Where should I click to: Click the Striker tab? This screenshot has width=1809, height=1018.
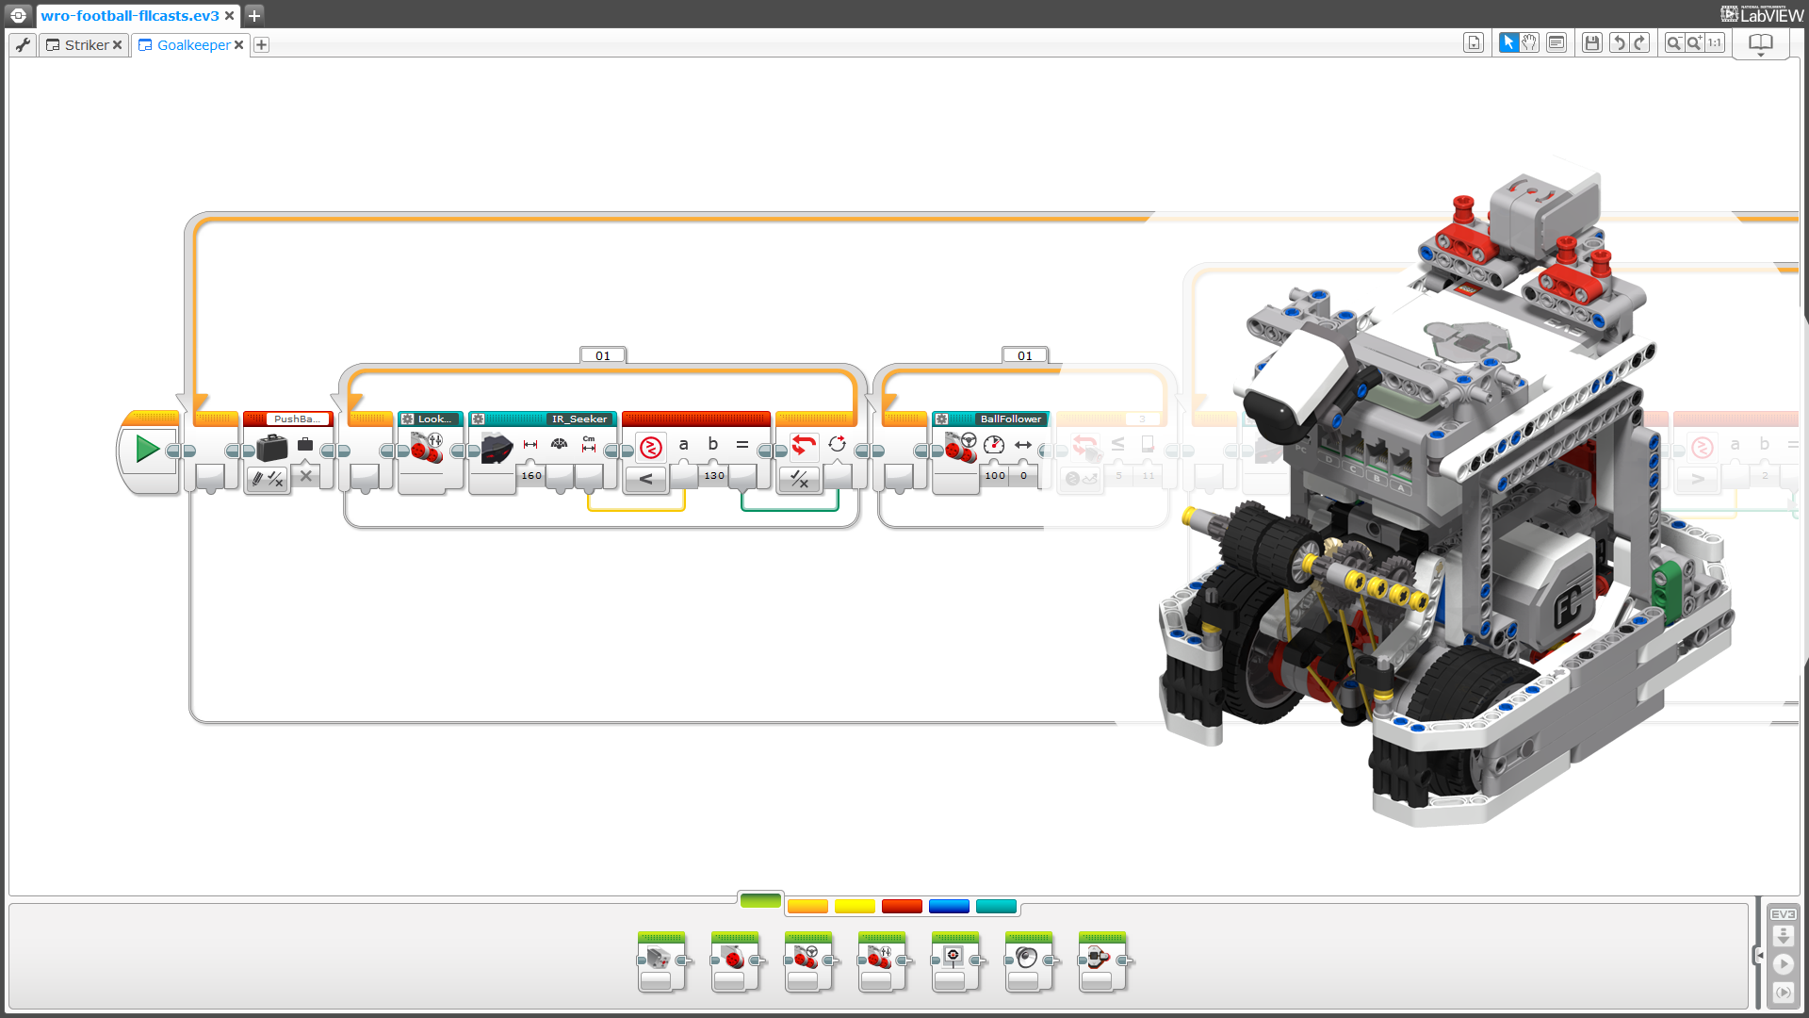pyautogui.click(x=86, y=45)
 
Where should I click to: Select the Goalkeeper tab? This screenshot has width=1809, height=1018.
pyautogui.click(x=193, y=45)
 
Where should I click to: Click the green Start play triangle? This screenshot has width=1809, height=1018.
pyautogui.click(x=147, y=449)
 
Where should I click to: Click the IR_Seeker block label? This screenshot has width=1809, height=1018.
pyautogui.click(x=579, y=419)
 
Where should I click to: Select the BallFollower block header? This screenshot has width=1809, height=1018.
pyautogui.click(x=1010, y=419)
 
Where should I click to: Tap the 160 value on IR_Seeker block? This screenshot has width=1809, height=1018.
pyautogui.click(x=531, y=476)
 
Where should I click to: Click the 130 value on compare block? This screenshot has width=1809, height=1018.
pyautogui.click(x=714, y=476)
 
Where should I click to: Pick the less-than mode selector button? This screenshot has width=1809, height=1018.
pyautogui.click(x=645, y=480)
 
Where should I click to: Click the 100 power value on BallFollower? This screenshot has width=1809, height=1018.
pyautogui.click(x=995, y=476)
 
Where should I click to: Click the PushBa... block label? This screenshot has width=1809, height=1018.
pyautogui.click(x=296, y=419)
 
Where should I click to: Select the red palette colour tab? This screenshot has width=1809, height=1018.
pyautogui.click(x=902, y=907)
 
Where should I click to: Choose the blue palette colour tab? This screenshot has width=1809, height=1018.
pyautogui.click(x=949, y=907)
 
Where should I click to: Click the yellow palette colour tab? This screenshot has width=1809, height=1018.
pyautogui.click(x=855, y=907)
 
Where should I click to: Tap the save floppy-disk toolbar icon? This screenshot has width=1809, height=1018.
pyautogui.click(x=1591, y=43)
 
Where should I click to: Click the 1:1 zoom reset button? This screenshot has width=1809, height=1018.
pyautogui.click(x=1714, y=43)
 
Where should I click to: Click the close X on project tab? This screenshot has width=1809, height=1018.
pyautogui.click(x=229, y=16)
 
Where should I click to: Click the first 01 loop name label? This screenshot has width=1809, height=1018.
pyautogui.click(x=603, y=356)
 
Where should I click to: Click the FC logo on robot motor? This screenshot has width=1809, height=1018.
pyautogui.click(x=1568, y=604)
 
